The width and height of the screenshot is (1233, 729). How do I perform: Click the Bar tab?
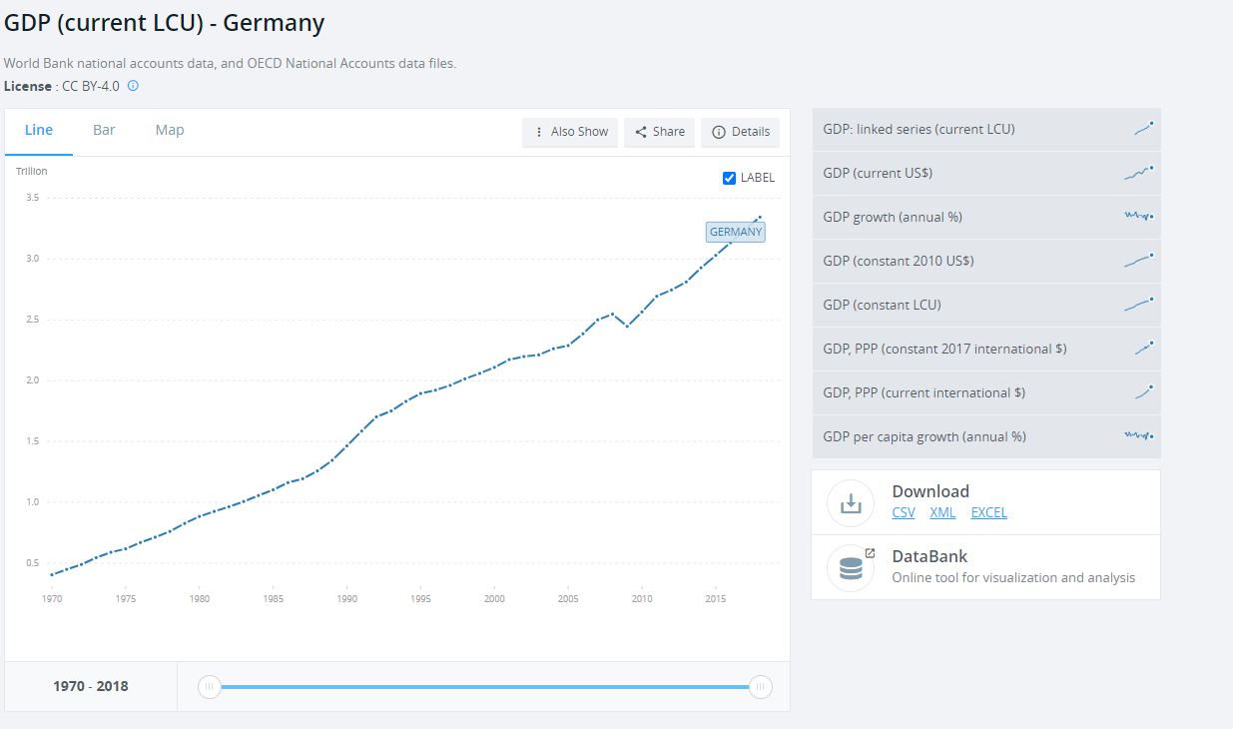coord(104,130)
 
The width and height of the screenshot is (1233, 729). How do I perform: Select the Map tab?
coord(170,130)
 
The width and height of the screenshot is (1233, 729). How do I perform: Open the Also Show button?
coord(571,132)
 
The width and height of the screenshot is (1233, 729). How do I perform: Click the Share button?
coord(660,132)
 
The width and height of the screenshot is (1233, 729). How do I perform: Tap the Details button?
coord(741,132)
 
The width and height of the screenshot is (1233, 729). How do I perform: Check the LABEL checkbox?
coord(729,178)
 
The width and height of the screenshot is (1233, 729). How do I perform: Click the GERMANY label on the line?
coord(736,232)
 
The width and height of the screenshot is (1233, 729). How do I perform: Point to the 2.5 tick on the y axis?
coord(33,320)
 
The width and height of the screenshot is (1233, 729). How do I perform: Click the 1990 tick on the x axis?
coord(347,599)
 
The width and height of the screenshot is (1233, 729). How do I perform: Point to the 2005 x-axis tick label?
coord(568,599)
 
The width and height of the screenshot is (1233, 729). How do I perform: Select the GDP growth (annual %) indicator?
coord(893,217)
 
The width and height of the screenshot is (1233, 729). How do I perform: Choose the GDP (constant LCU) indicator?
coord(882,305)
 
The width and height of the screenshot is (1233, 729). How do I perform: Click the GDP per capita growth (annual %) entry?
coord(925,436)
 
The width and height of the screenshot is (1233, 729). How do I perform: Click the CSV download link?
coord(904,512)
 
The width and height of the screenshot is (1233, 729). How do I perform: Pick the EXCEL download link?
coord(988,512)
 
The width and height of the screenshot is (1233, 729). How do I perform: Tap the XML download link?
coord(942,512)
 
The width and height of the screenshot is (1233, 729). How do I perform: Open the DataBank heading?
coord(929,556)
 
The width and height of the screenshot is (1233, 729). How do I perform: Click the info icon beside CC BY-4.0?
coord(133,86)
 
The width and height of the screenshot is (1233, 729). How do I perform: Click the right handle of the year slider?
coord(761,687)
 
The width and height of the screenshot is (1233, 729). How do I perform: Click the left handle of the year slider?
coord(209,687)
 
